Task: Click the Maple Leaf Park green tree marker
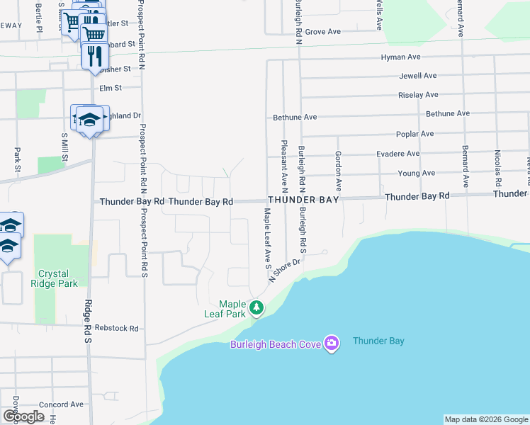[256, 307]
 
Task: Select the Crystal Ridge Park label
[58, 278]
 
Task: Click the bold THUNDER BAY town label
[303, 200]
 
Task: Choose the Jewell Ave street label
[419, 76]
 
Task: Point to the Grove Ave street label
[323, 32]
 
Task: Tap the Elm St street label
[111, 88]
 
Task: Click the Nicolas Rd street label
[498, 168]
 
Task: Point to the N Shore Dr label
[284, 270]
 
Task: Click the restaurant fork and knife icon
[94, 55]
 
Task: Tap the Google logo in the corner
[23, 416]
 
